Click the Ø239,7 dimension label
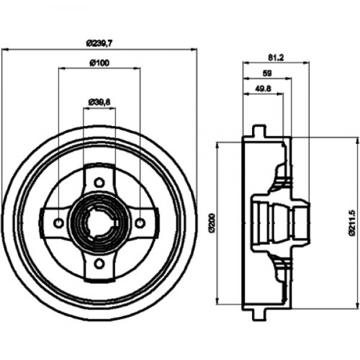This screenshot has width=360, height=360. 100,43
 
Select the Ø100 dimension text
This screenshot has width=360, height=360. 100,62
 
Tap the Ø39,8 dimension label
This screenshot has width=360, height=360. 100,102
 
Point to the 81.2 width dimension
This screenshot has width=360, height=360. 276,58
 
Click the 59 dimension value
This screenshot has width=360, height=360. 267,73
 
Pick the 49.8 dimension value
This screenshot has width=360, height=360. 263,89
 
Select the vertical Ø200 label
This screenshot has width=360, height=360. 212,223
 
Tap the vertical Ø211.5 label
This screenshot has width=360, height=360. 352,223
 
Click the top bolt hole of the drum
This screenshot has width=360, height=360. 99,182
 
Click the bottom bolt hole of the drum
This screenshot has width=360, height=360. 99,263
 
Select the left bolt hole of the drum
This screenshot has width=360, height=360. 59,223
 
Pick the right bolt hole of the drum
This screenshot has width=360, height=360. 140,223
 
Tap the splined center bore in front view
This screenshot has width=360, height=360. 100,223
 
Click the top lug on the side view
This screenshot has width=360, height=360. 259,131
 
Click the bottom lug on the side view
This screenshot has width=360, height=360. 259,314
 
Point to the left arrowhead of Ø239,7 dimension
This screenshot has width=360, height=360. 5,49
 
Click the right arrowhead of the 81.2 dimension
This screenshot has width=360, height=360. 306,63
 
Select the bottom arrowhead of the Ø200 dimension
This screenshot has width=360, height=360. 217,301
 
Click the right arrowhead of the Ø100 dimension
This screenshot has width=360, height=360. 137,68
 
